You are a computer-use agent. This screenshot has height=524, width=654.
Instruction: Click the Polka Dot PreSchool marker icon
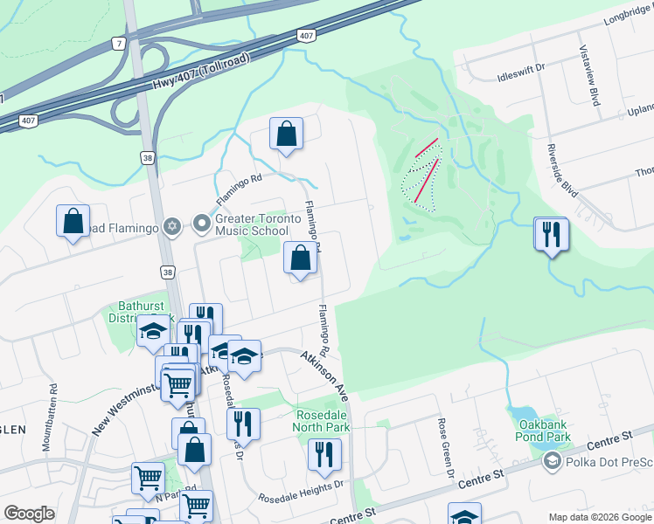click(x=552, y=460)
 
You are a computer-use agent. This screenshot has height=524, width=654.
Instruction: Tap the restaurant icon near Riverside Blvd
click(x=551, y=234)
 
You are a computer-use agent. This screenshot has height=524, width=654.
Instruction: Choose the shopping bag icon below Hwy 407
click(x=286, y=134)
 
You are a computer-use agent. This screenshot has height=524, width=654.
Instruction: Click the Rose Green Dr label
click(x=446, y=446)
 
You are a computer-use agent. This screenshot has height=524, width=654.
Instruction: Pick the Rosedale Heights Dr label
click(x=301, y=493)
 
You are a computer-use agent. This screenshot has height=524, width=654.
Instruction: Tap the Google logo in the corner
click(x=29, y=514)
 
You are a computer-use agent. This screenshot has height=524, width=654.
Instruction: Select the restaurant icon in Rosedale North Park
click(x=324, y=453)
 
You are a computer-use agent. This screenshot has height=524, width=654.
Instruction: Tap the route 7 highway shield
click(x=118, y=43)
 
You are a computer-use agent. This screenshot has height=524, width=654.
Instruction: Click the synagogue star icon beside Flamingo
click(x=172, y=225)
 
